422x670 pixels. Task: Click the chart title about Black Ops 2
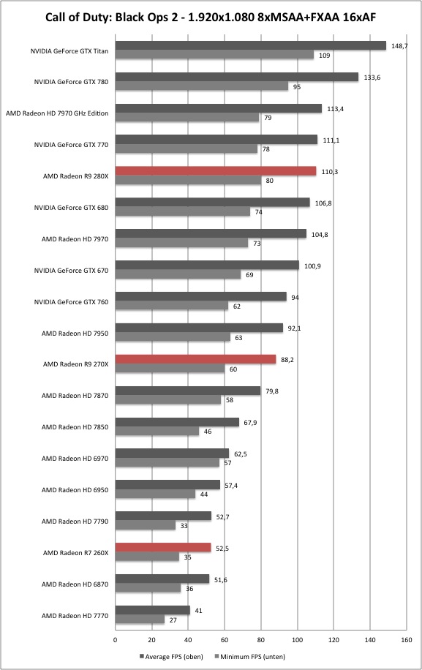[211, 18]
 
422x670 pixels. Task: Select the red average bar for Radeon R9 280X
[216, 171]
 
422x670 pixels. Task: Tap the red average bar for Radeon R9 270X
[195, 359]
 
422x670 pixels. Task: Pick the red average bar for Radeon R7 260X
[163, 547]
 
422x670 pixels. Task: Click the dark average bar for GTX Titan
[251, 46]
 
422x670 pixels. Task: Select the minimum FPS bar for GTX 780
[202, 86]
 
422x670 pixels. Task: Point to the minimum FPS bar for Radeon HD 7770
[140, 619]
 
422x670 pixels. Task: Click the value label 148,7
[399, 46]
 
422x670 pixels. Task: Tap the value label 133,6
[372, 78]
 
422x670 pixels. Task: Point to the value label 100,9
[312, 266]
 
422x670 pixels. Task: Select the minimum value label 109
[325, 56]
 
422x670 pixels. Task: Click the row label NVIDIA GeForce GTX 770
[72, 145]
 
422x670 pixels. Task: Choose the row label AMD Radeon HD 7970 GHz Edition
[57, 113]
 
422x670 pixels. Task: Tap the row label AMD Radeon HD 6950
[75, 489]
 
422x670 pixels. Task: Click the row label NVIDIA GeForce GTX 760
[72, 301]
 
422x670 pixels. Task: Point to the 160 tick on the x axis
[407, 640]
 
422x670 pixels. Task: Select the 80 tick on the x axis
[261, 640]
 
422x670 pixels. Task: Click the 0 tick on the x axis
[116, 640]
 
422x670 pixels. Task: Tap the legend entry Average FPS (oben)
[171, 656]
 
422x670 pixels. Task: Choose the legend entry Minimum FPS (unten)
[250, 656]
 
